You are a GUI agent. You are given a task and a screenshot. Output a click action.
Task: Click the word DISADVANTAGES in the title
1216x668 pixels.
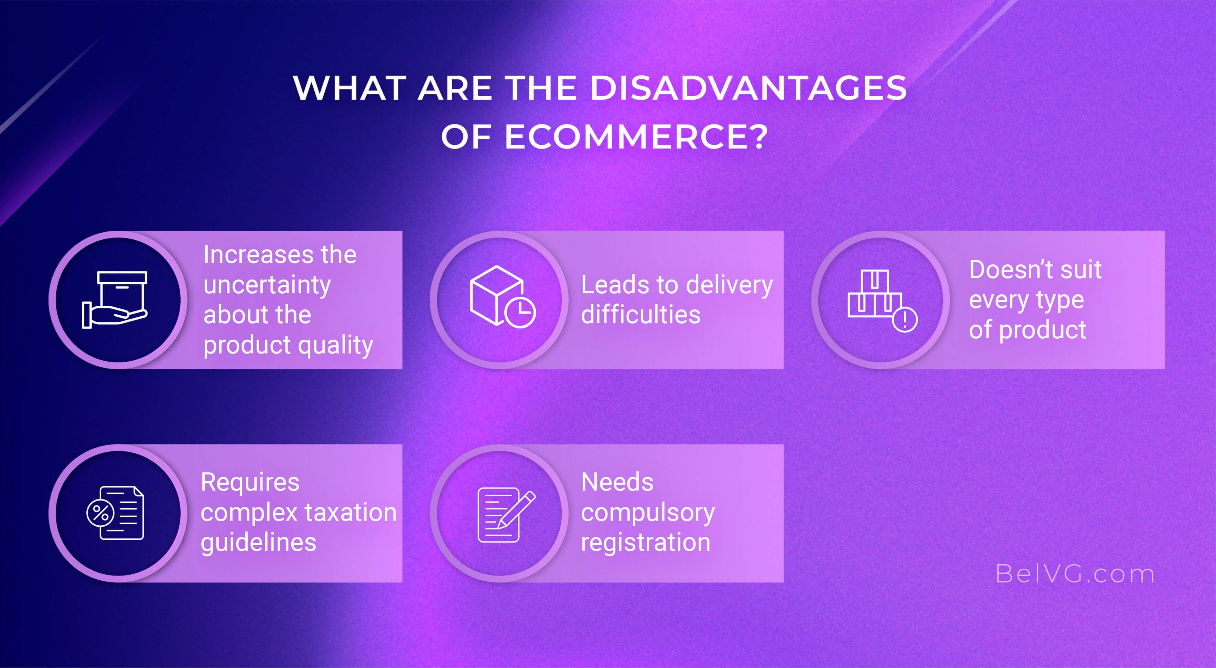pos(748,88)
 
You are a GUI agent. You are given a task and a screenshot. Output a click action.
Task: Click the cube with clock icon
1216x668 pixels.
pos(501,297)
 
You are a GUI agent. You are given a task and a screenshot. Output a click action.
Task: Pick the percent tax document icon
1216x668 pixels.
pos(116,513)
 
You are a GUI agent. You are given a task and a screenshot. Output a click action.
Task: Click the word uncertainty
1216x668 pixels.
pos(267,285)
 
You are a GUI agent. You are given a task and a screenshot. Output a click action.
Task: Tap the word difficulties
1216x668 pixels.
pos(641,315)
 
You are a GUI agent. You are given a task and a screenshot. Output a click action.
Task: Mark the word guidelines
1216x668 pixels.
pos(258,543)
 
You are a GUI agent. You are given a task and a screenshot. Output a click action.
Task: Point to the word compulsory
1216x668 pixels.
pos(648,513)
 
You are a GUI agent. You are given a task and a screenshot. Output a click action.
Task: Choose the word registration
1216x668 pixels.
pos(645,543)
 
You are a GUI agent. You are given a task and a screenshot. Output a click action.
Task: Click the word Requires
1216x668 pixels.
pos(250,482)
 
